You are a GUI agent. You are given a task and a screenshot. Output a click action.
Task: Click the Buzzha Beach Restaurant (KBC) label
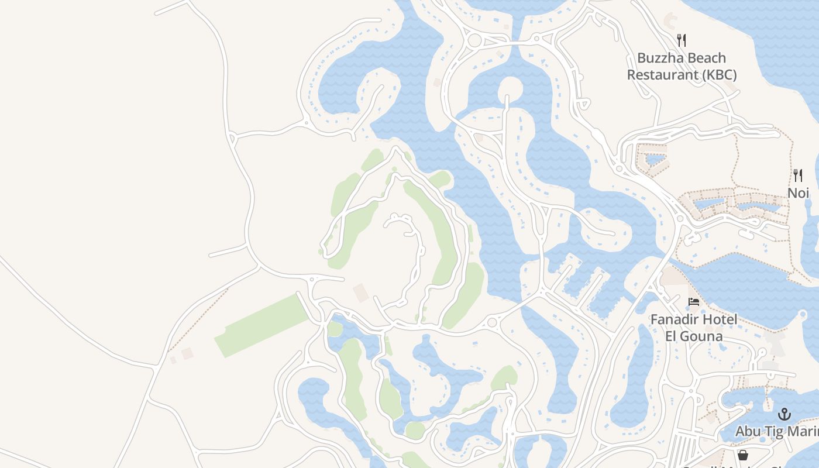682,66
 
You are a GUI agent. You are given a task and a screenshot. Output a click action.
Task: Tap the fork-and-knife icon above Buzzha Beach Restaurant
681,40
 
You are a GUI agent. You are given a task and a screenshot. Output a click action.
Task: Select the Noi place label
798,192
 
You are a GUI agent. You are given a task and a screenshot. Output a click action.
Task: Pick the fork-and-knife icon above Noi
797,175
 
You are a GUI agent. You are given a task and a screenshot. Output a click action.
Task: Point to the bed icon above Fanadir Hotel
694,302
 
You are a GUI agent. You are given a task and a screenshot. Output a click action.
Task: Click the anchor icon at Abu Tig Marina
784,414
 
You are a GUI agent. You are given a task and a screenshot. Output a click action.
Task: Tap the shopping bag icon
742,455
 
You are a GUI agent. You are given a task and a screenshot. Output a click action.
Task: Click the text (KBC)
718,75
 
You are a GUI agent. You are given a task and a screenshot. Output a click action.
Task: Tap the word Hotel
718,319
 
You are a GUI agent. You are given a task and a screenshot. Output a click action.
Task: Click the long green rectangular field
262,325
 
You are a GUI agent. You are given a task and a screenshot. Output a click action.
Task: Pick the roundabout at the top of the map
474,40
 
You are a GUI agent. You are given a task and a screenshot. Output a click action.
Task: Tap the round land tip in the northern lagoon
510,87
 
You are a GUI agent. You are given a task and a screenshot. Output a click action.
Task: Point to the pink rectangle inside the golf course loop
361,292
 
